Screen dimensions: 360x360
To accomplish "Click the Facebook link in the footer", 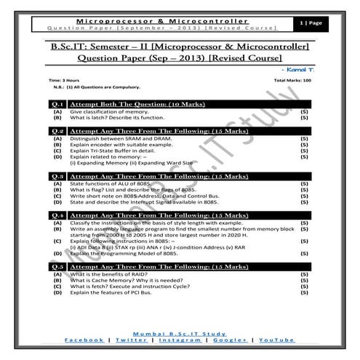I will click(x=84, y=340).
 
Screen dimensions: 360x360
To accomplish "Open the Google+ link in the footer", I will click(x=230, y=340).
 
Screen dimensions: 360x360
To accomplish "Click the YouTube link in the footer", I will click(x=277, y=340).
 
